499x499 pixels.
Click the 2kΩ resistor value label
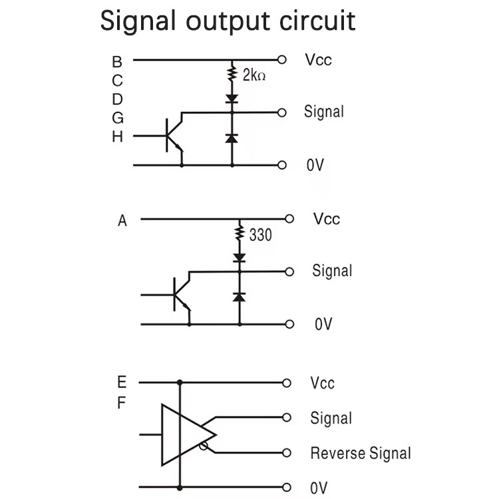pyautogui.click(x=254, y=75)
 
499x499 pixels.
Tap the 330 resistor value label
pyautogui.click(x=261, y=235)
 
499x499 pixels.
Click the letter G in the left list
pyautogui.click(x=117, y=118)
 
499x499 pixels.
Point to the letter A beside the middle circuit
pyautogui.click(x=122, y=220)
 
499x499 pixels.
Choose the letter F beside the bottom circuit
pyautogui.click(x=121, y=403)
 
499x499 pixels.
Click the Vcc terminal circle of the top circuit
pyautogui.click(x=282, y=59)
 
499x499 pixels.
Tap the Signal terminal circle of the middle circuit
pyautogui.click(x=289, y=271)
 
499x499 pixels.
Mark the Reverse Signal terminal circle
pyautogui.click(x=286, y=452)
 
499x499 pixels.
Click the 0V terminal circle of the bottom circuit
pyautogui.click(x=286, y=487)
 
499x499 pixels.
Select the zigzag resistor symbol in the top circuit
pyautogui.click(x=232, y=73)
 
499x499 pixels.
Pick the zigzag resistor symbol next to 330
pyautogui.click(x=240, y=232)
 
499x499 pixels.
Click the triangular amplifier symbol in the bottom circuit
pyautogui.click(x=189, y=434)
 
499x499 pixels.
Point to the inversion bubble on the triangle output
pyautogui.click(x=204, y=446)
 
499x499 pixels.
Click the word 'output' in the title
pyautogui.click(x=228, y=21)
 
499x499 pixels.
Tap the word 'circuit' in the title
pyautogui.click(x=317, y=21)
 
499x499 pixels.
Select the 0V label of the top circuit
pyautogui.click(x=315, y=165)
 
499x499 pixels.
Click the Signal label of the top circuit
pyautogui.click(x=324, y=112)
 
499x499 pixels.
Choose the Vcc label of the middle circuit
pyautogui.click(x=327, y=219)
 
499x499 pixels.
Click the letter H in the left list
pyautogui.click(x=117, y=137)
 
